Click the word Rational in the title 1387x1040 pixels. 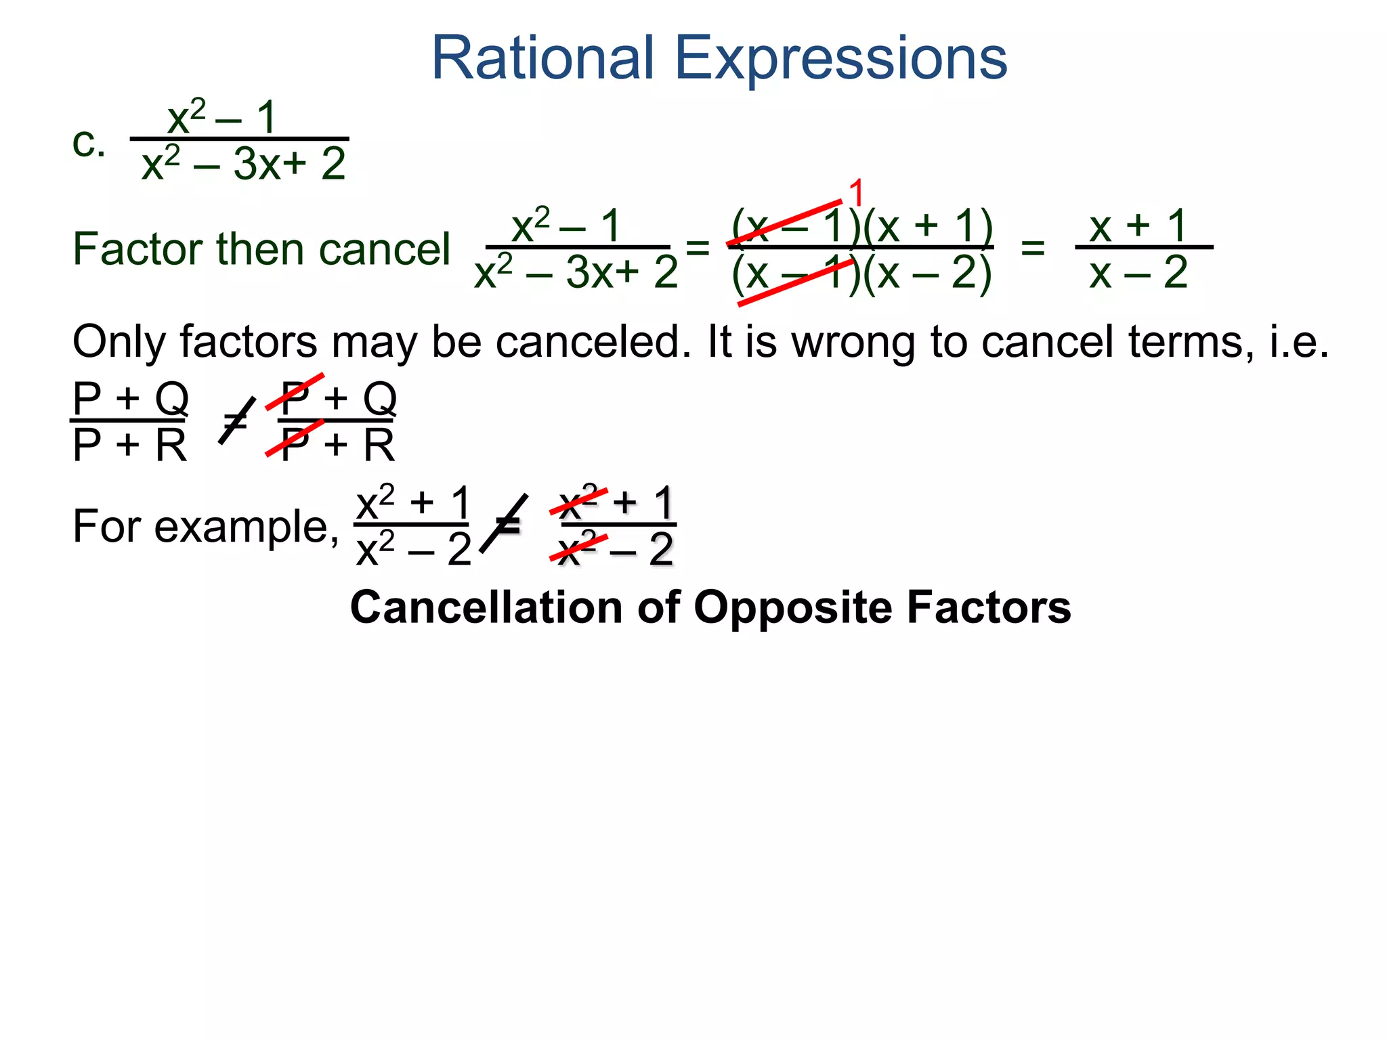(x=542, y=58)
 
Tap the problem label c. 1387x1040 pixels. (x=89, y=144)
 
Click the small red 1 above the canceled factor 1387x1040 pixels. (x=856, y=193)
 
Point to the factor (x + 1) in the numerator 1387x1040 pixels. (x=928, y=225)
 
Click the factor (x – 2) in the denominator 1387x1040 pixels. (x=928, y=274)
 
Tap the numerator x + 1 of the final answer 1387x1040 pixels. (x=1138, y=225)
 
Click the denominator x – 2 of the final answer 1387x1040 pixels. (x=1138, y=274)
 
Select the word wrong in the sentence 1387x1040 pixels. (x=853, y=342)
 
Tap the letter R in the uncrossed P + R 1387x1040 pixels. (x=171, y=446)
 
